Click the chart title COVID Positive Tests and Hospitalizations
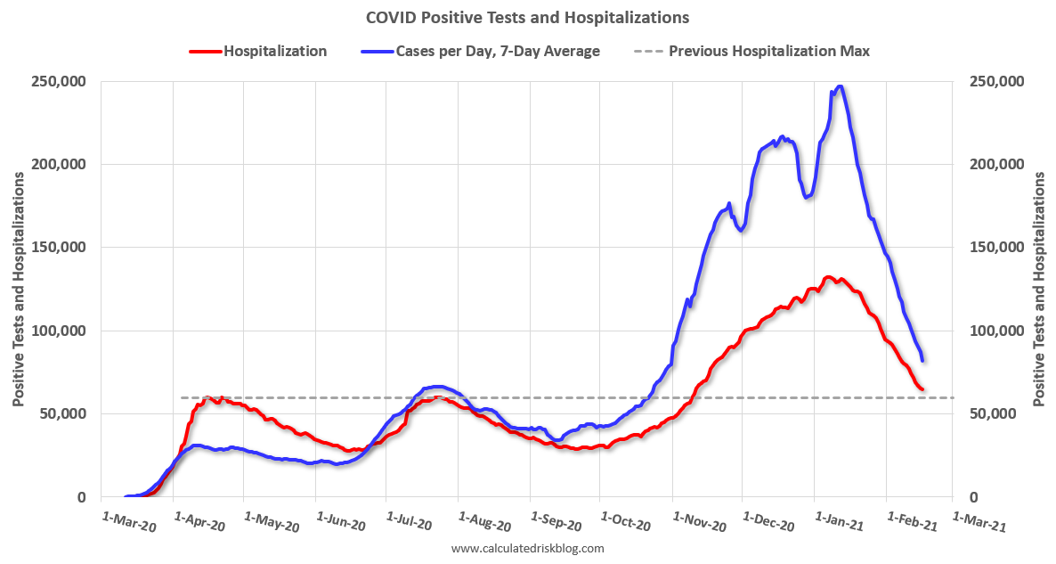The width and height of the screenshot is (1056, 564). tap(527, 17)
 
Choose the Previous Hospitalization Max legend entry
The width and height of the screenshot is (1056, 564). tap(768, 51)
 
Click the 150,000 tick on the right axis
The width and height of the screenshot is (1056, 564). tap(995, 248)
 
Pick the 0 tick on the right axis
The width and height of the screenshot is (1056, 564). tap(973, 497)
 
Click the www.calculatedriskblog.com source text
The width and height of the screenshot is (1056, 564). tap(527, 548)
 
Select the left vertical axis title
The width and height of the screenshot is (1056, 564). tap(19, 289)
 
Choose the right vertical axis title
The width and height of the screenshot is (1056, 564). tap(1038, 289)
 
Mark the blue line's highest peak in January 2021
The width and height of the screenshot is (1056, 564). tap(840, 86)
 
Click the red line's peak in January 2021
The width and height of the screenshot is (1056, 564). tap(829, 277)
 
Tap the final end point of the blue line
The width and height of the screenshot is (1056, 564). tap(922, 360)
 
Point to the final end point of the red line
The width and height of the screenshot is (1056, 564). tap(922, 389)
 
